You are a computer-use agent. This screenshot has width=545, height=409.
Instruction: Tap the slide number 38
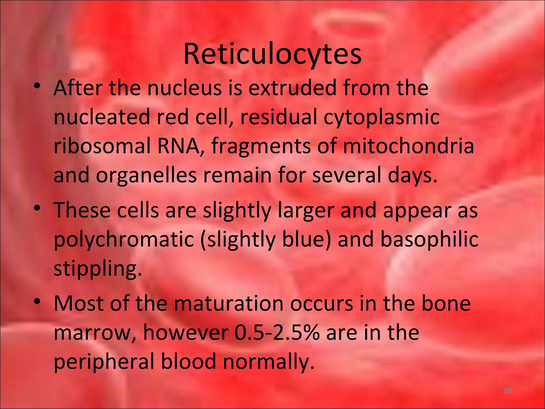tap(507, 391)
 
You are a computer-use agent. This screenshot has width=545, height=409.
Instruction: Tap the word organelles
tap(146, 176)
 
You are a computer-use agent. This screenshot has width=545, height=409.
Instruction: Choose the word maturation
tap(229, 304)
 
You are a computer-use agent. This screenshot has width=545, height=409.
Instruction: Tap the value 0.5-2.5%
tap(277, 333)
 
